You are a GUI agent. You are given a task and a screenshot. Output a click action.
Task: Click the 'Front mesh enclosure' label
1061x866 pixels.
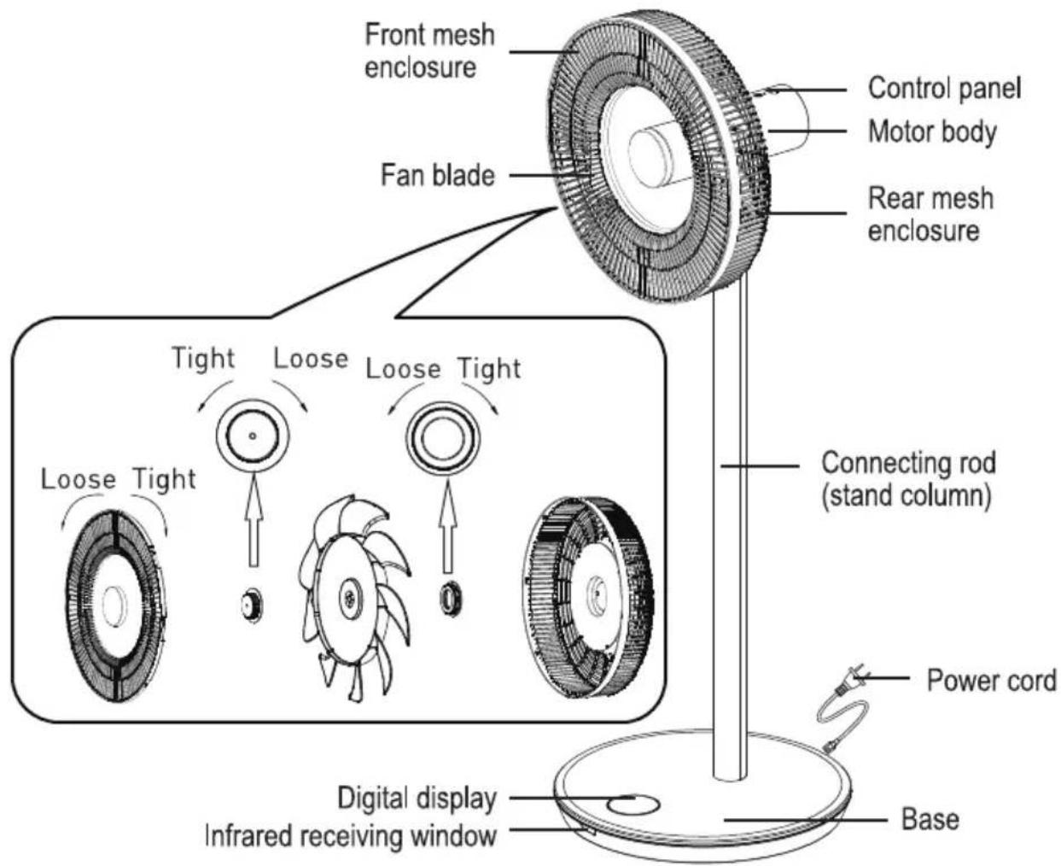[429, 51]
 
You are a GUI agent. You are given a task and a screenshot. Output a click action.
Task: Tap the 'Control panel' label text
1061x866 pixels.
[944, 89]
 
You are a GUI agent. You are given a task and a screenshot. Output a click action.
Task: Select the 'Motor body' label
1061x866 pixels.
[932, 132]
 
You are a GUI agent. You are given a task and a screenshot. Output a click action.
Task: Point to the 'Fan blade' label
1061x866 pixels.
[438, 176]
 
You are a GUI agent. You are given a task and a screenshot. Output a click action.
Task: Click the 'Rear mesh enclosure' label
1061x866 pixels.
[930, 214]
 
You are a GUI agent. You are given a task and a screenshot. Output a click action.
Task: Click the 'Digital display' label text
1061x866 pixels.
[417, 799]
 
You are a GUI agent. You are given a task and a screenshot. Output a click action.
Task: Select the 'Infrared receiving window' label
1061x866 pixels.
[351, 836]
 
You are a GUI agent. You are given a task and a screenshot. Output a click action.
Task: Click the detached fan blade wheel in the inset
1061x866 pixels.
[355, 598]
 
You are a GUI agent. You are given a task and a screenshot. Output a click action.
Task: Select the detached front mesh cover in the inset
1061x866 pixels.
[116, 606]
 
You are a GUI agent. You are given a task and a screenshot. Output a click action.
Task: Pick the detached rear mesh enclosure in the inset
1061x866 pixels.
[589, 597]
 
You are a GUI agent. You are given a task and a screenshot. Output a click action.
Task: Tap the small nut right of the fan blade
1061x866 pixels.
[451, 599]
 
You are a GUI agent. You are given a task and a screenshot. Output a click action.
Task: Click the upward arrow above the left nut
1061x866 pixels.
[254, 522]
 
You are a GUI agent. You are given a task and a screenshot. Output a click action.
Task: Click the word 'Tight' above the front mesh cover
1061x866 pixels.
[165, 479]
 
